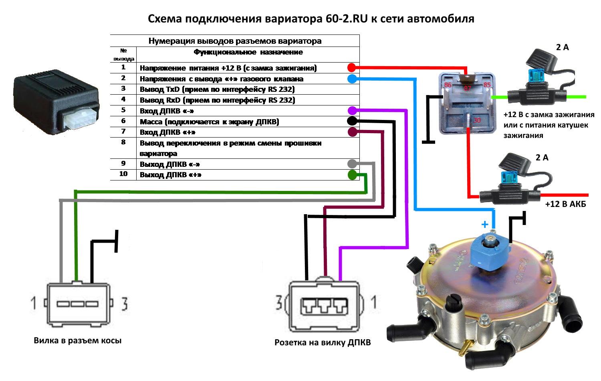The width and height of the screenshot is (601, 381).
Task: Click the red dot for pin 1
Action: [351, 67]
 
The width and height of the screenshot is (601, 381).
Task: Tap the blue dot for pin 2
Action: [351, 79]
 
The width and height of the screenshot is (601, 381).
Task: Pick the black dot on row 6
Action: [352, 121]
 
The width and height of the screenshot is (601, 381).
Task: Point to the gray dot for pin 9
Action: [352, 164]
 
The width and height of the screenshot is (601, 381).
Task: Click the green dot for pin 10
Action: [352, 175]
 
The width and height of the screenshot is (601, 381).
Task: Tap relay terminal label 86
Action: [448, 85]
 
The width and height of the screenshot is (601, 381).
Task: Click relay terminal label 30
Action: [477, 120]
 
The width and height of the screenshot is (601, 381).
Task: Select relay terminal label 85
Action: [487, 85]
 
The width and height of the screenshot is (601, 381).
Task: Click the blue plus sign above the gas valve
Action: [485, 224]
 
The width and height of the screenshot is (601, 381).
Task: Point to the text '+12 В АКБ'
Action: [565, 205]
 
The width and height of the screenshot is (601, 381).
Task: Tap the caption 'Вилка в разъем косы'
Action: [77, 340]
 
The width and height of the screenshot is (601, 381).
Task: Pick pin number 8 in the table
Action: [123, 142]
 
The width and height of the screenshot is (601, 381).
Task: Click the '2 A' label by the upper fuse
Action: [562, 47]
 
